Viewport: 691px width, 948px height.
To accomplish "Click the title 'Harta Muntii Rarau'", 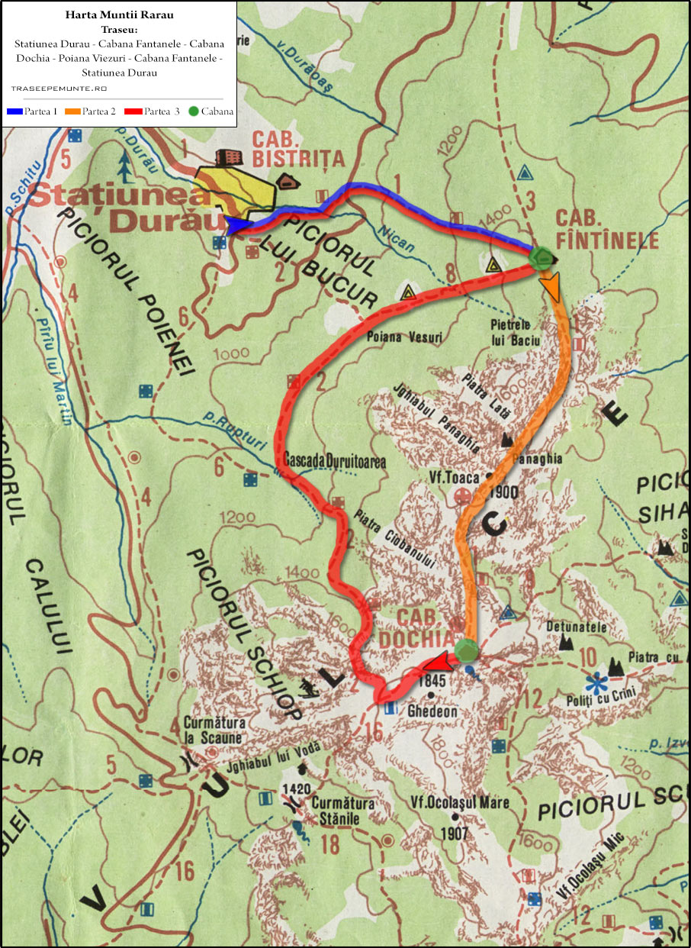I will click(x=117, y=15).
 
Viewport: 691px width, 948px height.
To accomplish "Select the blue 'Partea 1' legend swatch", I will click(x=14, y=111).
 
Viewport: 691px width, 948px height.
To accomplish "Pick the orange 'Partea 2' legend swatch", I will click(x=72, y=111).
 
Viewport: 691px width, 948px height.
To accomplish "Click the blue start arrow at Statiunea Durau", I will click(x=237, y=224).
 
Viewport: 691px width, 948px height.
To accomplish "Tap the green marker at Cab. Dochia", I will click(x=466, y=650).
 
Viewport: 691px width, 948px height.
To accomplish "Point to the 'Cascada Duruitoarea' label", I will click(x=334, y=462).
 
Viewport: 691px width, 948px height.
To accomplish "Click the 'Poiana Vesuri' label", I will click(x=404, y=337).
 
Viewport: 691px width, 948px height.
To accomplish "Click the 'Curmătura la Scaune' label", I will click(x=213, y=730).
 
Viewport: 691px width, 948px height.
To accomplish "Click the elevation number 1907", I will click(x=454, y=833).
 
